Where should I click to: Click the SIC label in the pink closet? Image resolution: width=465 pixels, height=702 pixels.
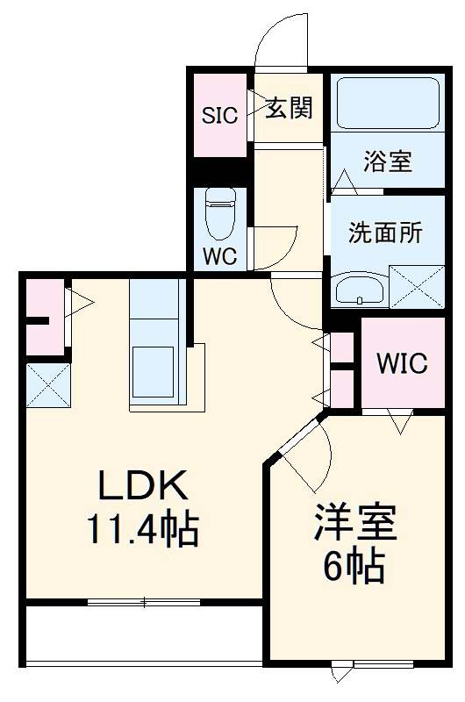tap(220, 115)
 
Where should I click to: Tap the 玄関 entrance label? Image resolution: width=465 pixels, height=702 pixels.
tap(289, 109)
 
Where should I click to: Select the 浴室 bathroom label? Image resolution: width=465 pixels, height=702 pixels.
tap(388, 162)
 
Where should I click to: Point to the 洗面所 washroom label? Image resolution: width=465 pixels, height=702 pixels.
tap(385, 233)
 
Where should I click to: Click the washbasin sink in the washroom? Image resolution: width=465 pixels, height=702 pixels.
tap(360, 290)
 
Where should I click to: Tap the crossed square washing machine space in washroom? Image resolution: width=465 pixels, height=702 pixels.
tap(416, 285)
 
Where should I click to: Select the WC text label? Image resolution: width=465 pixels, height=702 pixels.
tap(219, 258)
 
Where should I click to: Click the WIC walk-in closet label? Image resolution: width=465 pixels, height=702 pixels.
tap(402, 362)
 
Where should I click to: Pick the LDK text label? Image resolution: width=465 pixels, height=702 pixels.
tap(141, 485)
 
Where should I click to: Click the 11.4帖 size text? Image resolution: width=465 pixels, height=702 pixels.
tap(141, 529)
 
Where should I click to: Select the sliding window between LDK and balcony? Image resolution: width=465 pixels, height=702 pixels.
tap(145, 602)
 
